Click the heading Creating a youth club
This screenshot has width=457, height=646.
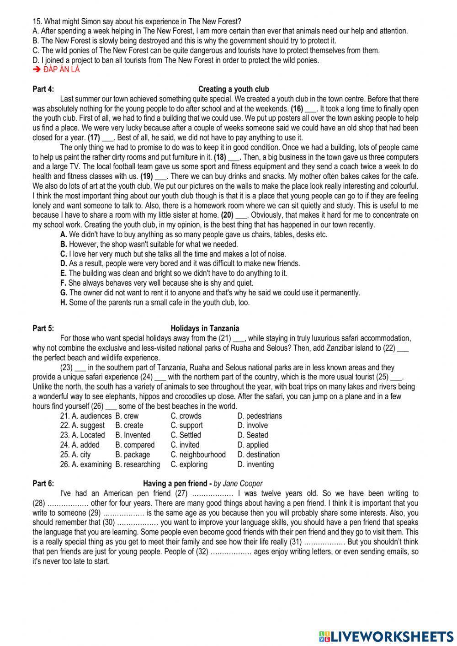(x=234, y=89)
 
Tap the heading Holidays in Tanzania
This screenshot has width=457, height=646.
(x=205, y=328)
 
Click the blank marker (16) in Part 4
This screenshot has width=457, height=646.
(x=297, y=109)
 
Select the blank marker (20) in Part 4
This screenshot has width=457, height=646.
(x=228, y=215)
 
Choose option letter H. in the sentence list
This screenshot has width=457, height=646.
(x=64, y=302)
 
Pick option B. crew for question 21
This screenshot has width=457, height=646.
(x=127, y=416)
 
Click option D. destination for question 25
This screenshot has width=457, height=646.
(x=258, y=454)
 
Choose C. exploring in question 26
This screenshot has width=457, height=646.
(x=189, y=464)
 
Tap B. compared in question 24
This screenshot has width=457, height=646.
(x=135, y=445)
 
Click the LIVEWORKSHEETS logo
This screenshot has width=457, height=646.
(x=386, y=635)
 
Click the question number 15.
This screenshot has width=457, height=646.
(x=37, y=21)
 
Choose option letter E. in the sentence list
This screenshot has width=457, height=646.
(x=64, y=273)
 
